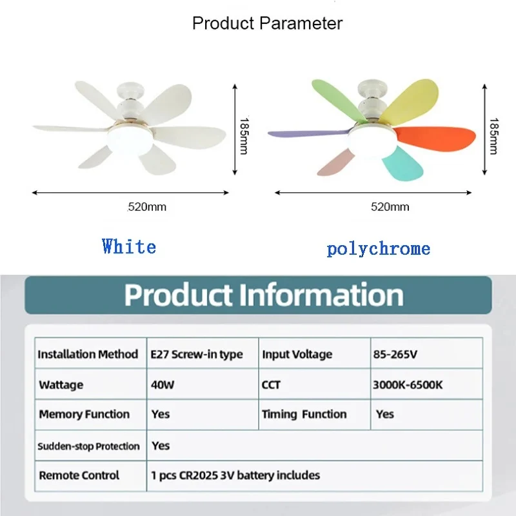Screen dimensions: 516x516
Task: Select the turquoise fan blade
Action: coord(402,164)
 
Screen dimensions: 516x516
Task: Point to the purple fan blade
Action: coord(308,134)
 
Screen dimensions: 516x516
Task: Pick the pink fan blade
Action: coord(335,163)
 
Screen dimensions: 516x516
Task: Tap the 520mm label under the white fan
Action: coord(147,207)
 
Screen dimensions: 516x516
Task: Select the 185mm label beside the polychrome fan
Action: coord(493,136)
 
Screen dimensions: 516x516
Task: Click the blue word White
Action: coord(129,246)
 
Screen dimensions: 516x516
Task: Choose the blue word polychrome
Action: coord(379,249)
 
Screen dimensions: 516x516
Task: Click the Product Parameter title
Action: coord(267,23)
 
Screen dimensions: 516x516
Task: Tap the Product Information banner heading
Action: coord(264,295)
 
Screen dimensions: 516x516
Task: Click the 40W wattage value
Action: coord(163,384)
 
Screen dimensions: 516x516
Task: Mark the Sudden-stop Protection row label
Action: coord(88,446)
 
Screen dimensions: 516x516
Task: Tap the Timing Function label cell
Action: coord(304,414)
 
